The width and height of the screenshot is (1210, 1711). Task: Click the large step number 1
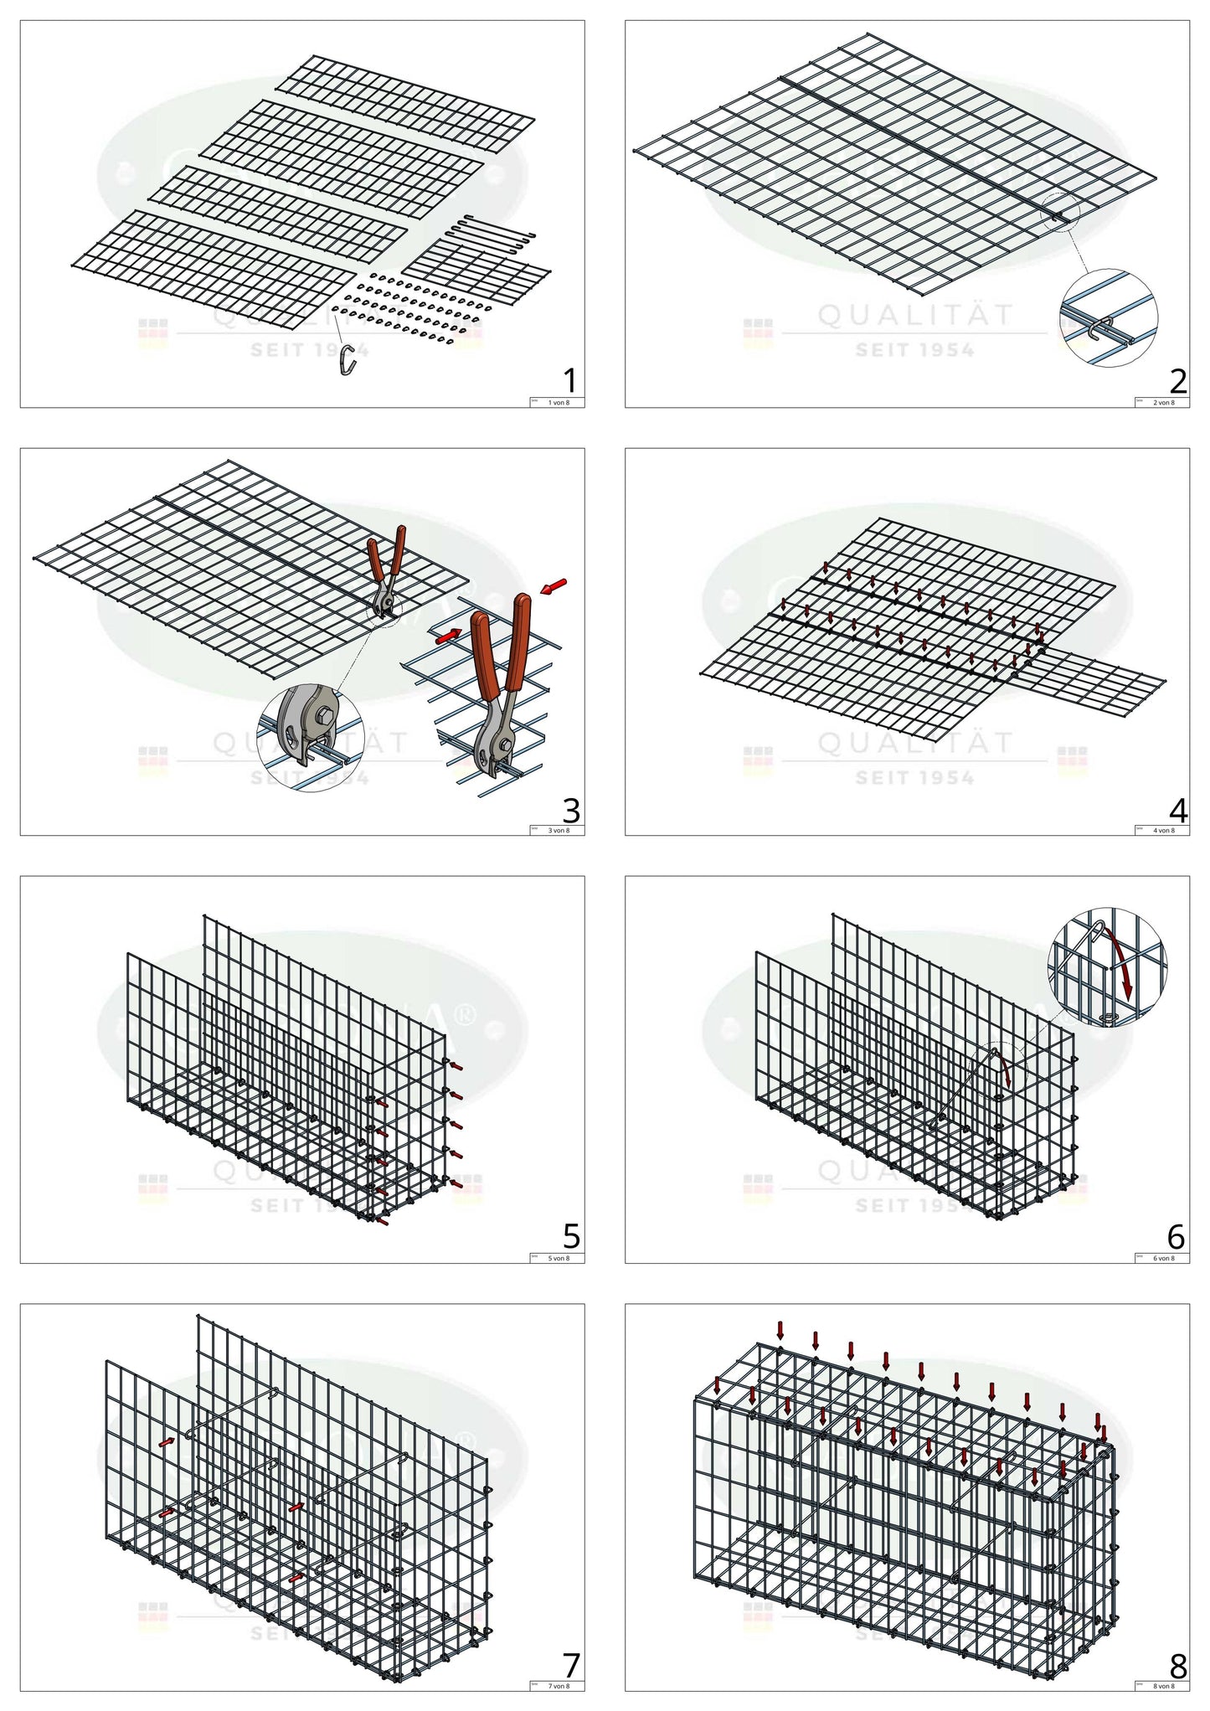coord(570,381)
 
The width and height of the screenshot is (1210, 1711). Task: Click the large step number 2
coord(1177,381)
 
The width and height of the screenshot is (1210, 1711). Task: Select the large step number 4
coord(1177,810)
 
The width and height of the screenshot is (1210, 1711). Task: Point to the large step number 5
coord(570,1236)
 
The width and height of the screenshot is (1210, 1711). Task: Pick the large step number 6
coord(1176,1236)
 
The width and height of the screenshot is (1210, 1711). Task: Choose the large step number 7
coord(571,1665)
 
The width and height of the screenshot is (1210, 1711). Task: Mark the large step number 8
coord(1177,1665)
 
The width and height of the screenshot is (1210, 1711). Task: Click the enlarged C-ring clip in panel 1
coord(348,361)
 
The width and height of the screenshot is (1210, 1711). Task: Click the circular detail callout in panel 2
coord(1109,318)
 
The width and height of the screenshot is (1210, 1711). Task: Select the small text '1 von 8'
coord(558,403)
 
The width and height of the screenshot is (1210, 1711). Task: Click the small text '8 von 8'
coord(1163,1686)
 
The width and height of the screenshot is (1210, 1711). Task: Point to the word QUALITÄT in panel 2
coord(915,316)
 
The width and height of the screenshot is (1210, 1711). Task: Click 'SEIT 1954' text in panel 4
coord(914,778)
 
